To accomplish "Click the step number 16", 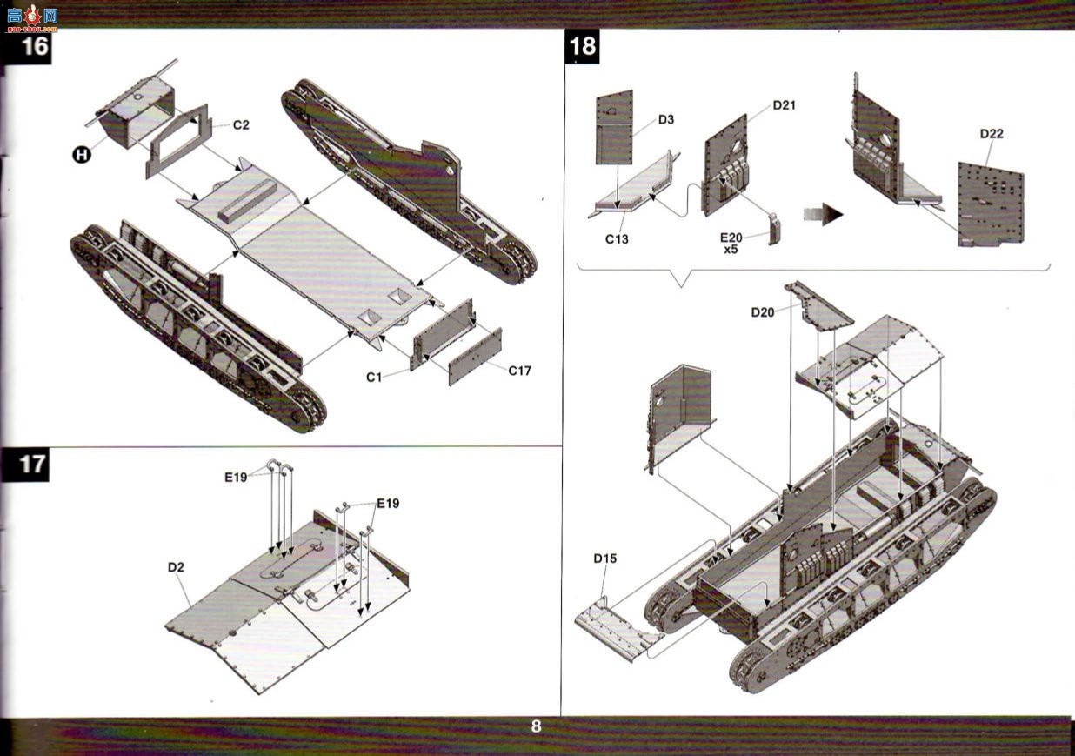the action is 35,46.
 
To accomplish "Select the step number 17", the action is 32,465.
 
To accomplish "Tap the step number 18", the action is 583,46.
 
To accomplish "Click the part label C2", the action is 242,124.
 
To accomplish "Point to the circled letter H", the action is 82,155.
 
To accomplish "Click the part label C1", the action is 374,378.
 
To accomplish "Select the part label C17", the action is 519,371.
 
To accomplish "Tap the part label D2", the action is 176,567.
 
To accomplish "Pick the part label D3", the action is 666,119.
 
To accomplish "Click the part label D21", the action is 785,105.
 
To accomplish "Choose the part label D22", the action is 992,133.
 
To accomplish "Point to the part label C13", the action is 617,239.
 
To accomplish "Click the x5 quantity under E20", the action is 731,250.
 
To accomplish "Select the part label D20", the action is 763,312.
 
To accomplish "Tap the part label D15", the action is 605,559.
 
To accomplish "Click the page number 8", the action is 537,726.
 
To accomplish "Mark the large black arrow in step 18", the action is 824,214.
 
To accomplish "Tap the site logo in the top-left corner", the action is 33,18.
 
